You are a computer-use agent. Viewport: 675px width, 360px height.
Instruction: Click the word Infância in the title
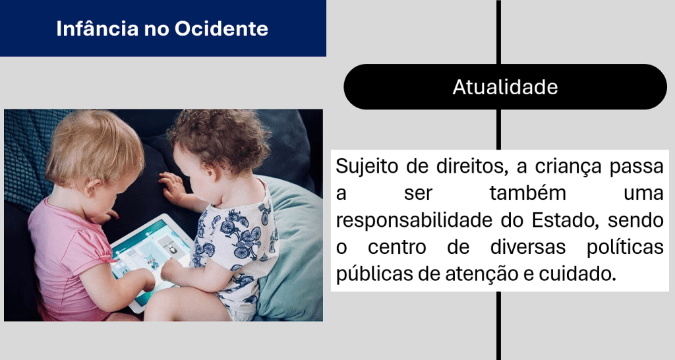[97, 29]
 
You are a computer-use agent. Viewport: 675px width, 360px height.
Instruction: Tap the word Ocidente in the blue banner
[221, 29]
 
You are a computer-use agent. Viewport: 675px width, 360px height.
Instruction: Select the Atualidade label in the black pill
[505, 87]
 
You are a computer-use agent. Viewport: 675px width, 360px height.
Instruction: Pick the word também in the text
[528, 193]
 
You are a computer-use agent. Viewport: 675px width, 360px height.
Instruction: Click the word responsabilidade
[414, 221]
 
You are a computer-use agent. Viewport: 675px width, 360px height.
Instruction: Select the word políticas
[625, 247]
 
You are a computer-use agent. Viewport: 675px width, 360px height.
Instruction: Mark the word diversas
[528, 247]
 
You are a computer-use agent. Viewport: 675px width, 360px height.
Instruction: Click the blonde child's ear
[92, 187]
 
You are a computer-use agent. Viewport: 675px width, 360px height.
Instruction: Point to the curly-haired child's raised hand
[172, 187]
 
